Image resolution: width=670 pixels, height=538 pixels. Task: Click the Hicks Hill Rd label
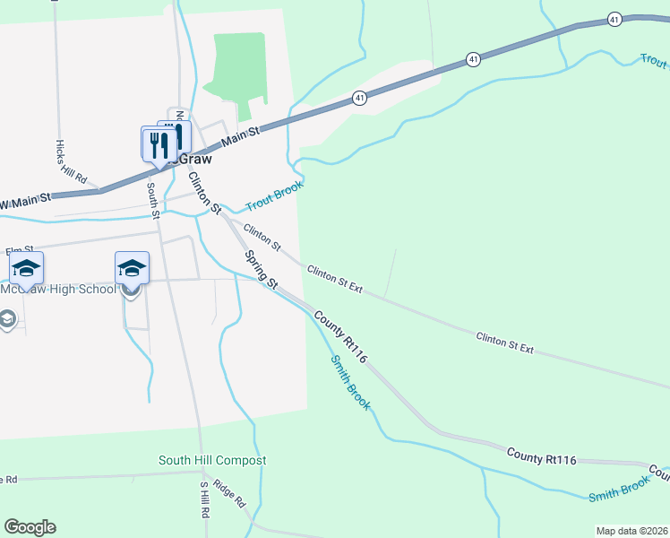(70, 162)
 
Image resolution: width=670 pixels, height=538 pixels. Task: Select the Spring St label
(262, 269)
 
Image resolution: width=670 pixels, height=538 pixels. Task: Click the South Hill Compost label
(212, 461)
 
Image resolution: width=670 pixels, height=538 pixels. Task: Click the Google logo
(30, 527)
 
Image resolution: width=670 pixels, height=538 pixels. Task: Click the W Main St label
(27, 204)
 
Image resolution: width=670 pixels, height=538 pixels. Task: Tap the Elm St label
(18, 250)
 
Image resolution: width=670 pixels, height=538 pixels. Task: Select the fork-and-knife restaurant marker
(159, 143)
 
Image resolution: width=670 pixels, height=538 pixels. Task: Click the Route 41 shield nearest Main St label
(358, 97)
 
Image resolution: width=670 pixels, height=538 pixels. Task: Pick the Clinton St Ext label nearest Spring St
(334, 279)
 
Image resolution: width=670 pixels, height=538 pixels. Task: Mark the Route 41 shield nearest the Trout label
(614, 18)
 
